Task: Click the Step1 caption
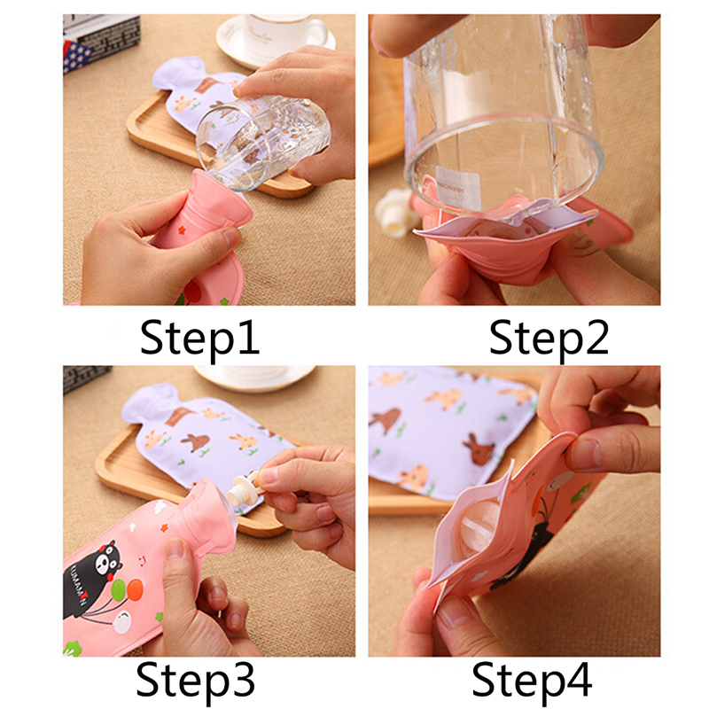click(x=200, y=339)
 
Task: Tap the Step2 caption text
click(x=549, y=339)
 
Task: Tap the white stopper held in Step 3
click(x=245, y=491)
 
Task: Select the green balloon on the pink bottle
click(x=119, y=590)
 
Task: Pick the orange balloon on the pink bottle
click(x=135, y=589)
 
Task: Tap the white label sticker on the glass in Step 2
click(x=458, y=188)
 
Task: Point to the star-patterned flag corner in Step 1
click(x=76, y=55)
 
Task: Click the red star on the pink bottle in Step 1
click(x=182, y=230)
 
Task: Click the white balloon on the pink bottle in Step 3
click(x=122, y=623)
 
